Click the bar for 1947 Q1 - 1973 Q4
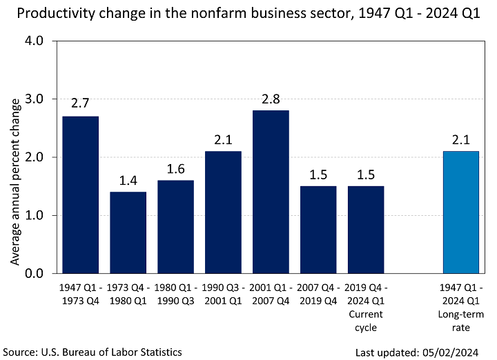point(80,194)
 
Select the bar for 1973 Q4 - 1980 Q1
point(128,232)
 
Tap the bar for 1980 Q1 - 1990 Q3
point(175,227)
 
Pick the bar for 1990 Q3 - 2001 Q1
point(223,212)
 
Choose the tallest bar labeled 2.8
point(271,192)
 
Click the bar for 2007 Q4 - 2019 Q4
point(318,230)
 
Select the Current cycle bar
point(366,230)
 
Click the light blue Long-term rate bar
point(460,212)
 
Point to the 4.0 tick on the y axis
point(34,41)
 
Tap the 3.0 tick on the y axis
point(34,99)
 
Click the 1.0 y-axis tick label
point(34,215)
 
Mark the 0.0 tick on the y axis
point(34,274)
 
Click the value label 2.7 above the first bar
point(80,104)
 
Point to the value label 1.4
point(128,180)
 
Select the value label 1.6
point(175,168)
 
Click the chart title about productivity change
point(248,14)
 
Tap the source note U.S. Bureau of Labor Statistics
point(92,352)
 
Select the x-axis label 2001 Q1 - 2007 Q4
point(271,293)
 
